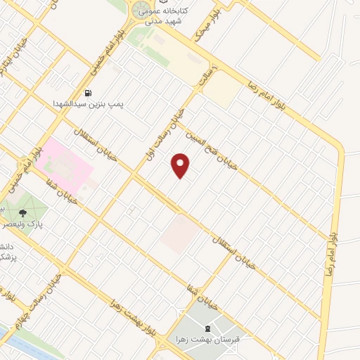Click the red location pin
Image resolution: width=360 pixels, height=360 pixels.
click(181, 166)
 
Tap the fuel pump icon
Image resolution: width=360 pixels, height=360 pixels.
click(88, 93)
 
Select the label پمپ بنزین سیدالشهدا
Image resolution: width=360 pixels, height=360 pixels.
click(88, 103)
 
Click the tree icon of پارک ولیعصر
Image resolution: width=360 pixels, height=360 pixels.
click(23, 212)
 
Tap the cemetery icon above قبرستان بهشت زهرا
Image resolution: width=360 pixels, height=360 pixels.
click(207, 328)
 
